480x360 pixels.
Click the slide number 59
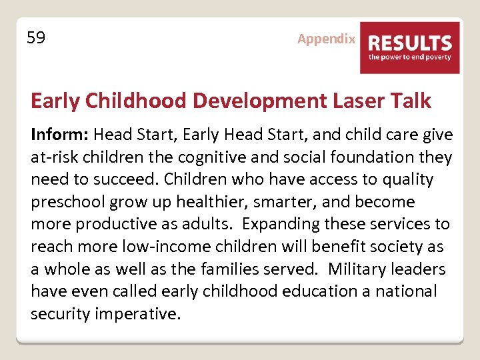(36, 38)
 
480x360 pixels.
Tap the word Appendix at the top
(326, 39)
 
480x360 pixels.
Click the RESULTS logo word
(410, 43)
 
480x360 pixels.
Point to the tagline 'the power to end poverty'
(410, 57)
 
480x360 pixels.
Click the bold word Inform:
(59, 135)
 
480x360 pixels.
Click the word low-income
(161, 247)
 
